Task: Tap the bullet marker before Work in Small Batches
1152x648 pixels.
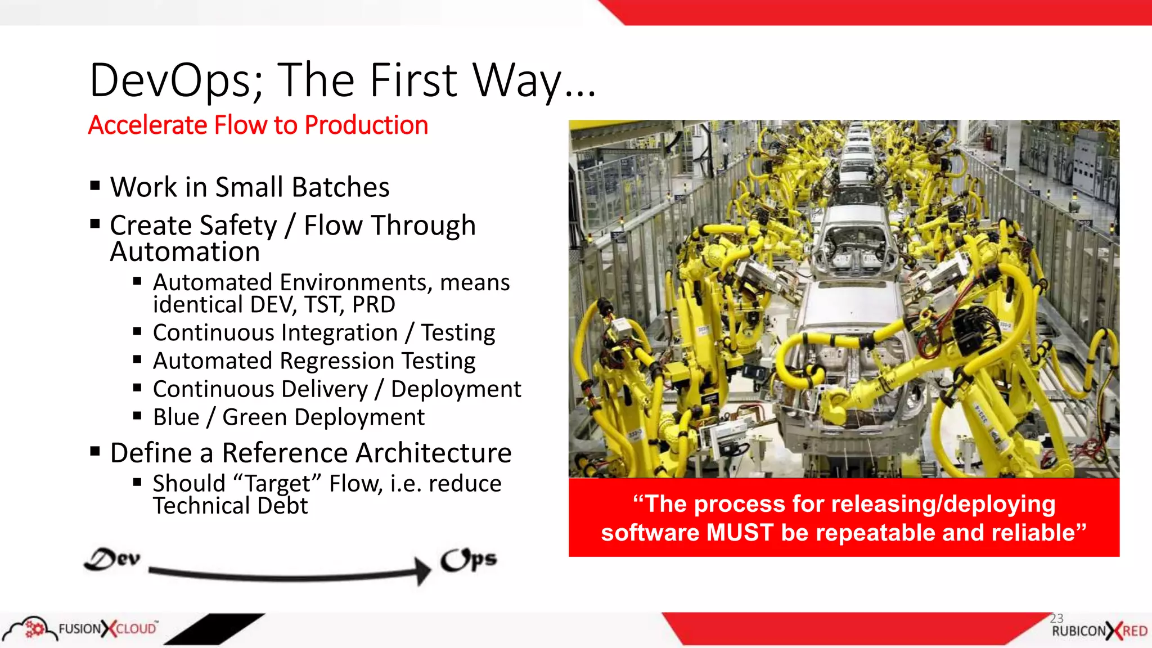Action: tap(95, 186)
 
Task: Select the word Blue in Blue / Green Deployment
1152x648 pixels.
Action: tap(176, 417)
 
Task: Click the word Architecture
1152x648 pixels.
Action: tap(434, 453)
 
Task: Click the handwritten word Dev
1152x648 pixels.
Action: tap(112, 559)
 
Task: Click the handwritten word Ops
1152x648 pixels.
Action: tap(469, 560)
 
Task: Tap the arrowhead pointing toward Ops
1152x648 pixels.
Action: tap(422, 571)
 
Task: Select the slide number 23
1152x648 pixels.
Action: tap(1056, 618)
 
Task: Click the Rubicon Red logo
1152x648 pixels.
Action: tap(1099, 631)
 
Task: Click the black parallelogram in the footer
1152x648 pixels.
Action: tap(214, 629)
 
